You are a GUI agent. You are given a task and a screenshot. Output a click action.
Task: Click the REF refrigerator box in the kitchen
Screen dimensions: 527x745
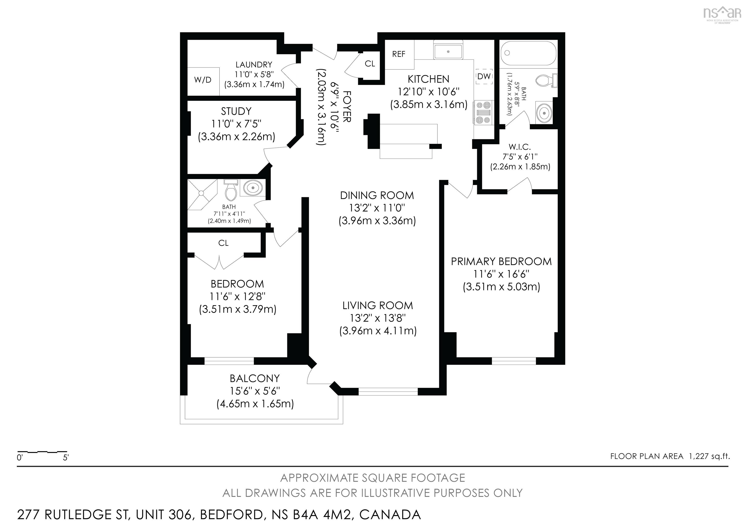click(399, 54)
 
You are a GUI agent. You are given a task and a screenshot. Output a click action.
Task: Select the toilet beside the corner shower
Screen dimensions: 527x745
click(231, 192)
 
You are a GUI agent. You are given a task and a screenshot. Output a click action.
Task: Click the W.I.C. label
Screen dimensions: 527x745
click(520, 147)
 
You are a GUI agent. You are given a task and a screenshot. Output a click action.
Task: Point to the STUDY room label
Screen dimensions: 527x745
click(236, 111)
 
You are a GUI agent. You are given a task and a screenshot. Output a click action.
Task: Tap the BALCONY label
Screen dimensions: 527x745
click(255, 378)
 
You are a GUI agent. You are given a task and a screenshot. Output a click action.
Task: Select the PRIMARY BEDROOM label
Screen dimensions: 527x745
click(501, 261)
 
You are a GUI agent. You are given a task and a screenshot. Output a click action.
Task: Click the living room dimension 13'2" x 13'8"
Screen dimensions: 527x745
click(378, 318)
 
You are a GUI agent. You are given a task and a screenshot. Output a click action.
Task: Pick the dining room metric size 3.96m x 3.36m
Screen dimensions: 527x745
click(377, 221)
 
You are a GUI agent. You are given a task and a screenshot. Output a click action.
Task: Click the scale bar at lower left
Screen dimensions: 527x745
click(42, 452)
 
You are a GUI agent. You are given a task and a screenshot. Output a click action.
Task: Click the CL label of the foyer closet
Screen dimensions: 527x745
click(370, 64)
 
